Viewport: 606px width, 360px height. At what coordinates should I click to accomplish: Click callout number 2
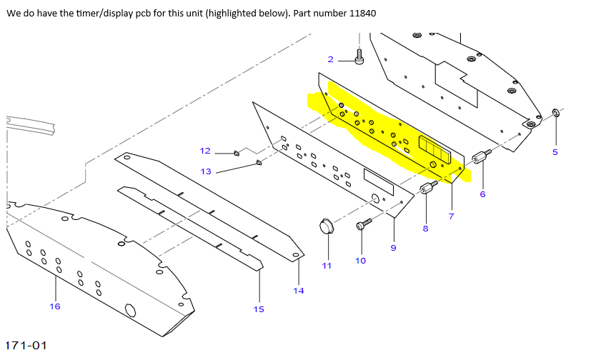(331, 59)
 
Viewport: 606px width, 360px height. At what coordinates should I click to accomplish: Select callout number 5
(555, 151)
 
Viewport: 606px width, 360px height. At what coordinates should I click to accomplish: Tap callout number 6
(482, 194)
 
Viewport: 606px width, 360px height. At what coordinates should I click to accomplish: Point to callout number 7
(451, 216)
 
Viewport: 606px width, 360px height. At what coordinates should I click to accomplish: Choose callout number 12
(205, 151)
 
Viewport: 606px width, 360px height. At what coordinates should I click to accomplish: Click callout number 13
(206, 171)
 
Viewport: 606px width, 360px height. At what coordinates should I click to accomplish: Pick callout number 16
(55, 306)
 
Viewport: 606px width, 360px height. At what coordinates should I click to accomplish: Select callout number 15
(259, 309)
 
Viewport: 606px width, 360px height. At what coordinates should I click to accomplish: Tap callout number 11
(327, 266)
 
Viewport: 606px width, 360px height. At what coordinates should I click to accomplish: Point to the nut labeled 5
(556, 113)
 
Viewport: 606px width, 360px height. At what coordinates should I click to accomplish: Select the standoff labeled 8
(428, 189)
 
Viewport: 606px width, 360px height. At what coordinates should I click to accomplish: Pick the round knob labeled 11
(327, 227)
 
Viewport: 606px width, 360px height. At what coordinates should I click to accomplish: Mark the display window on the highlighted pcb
(434, 149)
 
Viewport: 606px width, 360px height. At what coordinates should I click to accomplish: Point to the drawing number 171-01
(26, 346)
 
